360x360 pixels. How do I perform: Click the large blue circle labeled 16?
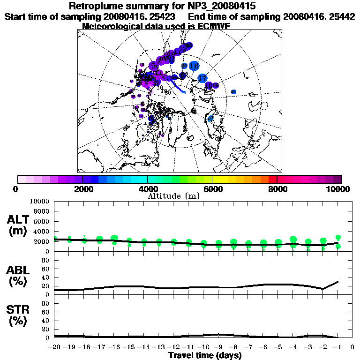[x=193, y=66]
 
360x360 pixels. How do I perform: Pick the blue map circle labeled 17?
[x=202, y=78]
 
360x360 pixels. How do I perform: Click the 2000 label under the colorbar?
[x=82, y=189]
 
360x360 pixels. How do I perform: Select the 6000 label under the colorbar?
[x=212, y=189]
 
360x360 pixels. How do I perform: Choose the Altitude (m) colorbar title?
[x=174, y=196]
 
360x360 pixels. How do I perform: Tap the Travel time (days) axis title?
[x=205, y=355]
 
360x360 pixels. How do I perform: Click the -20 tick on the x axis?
[x=55, y=347]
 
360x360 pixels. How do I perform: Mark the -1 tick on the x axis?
[x=337, y=347]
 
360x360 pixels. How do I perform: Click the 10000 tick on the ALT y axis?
[x=39, y=201]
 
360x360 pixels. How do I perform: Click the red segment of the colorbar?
[x=273, y=179]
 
